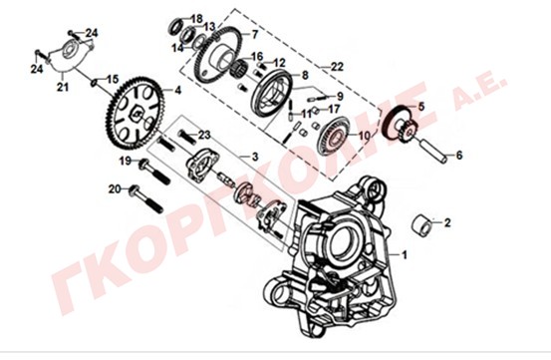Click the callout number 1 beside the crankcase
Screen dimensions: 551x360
click(405, 255)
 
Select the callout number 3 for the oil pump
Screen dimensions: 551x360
click(255, 157)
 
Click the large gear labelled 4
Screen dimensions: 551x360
click(135, 112)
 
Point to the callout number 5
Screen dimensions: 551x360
click(421, 106)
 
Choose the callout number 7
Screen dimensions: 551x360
click(254, 34)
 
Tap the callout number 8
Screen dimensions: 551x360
click(305, 75)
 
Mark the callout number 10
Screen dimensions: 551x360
click(364, 136)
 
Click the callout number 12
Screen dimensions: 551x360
click(280, 63)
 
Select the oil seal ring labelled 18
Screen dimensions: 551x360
click(175, 26)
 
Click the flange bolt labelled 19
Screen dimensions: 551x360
click(154, 173)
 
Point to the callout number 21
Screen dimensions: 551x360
click(63, 87)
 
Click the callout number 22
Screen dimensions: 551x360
click(337, 67)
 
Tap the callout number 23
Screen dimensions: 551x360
click(204, 135)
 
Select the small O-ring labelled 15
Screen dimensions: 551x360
click(95, 82)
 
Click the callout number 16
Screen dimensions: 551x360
click(256, 56)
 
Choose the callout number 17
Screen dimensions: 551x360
click(334, 109)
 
